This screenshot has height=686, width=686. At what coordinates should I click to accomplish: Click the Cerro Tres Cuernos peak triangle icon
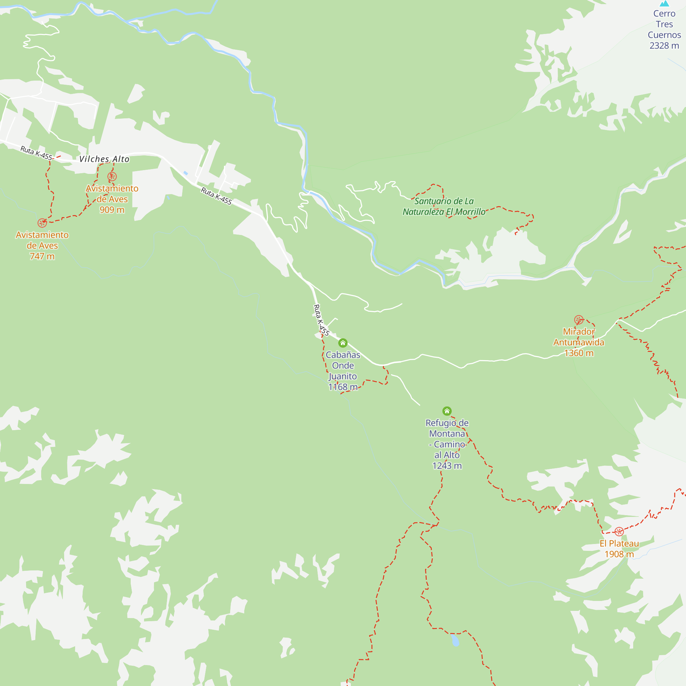pyautogui.click(x=664, y=3)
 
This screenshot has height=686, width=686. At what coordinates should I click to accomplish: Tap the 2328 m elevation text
pyautogui.click(x=664, y=46)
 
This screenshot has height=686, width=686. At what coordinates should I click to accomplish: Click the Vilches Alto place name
pyautogui.click(x=104, y=159)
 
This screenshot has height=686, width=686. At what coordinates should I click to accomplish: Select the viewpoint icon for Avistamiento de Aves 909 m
pyautogui.click(x=112, y=176)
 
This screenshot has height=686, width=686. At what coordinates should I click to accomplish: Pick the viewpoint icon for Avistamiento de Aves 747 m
pyautogui.click(x=42, y=223)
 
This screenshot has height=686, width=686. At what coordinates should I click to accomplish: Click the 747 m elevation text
pyautogui.click(x=42, y=256)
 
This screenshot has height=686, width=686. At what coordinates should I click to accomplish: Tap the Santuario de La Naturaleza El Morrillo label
pyautogui.click(x=444, y=206)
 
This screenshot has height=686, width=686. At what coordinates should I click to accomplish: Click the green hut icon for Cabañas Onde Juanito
pyautogui.click(x=343, y=343)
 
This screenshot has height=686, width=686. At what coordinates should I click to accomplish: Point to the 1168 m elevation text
pyautogui.click(x=343, y=387)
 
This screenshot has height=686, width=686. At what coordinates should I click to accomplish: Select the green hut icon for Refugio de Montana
pyautogui.click(x=447, y=411)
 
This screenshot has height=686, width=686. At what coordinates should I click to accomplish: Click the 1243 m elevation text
pyautogui.click(x=447, y=466)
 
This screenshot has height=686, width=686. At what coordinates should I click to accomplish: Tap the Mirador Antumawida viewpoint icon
pyautogui.click(x=579, y=320)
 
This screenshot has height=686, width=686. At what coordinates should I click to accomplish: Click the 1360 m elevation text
pyautogui.click(x=579, y=353)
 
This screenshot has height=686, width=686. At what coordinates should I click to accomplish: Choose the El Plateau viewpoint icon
pyautogui.click(x=619, y=532)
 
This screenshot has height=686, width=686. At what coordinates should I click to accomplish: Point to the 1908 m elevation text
pyautogui.click(x=619, y=554)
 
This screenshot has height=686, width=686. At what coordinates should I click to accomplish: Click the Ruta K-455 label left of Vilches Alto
pyautogui.click(x=36, y=153)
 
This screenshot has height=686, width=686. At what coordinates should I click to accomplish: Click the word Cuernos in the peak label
pyautogui.click(x=664, y=35)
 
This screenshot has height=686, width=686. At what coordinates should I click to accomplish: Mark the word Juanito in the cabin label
pyautogui.click(x=343, y=376)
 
